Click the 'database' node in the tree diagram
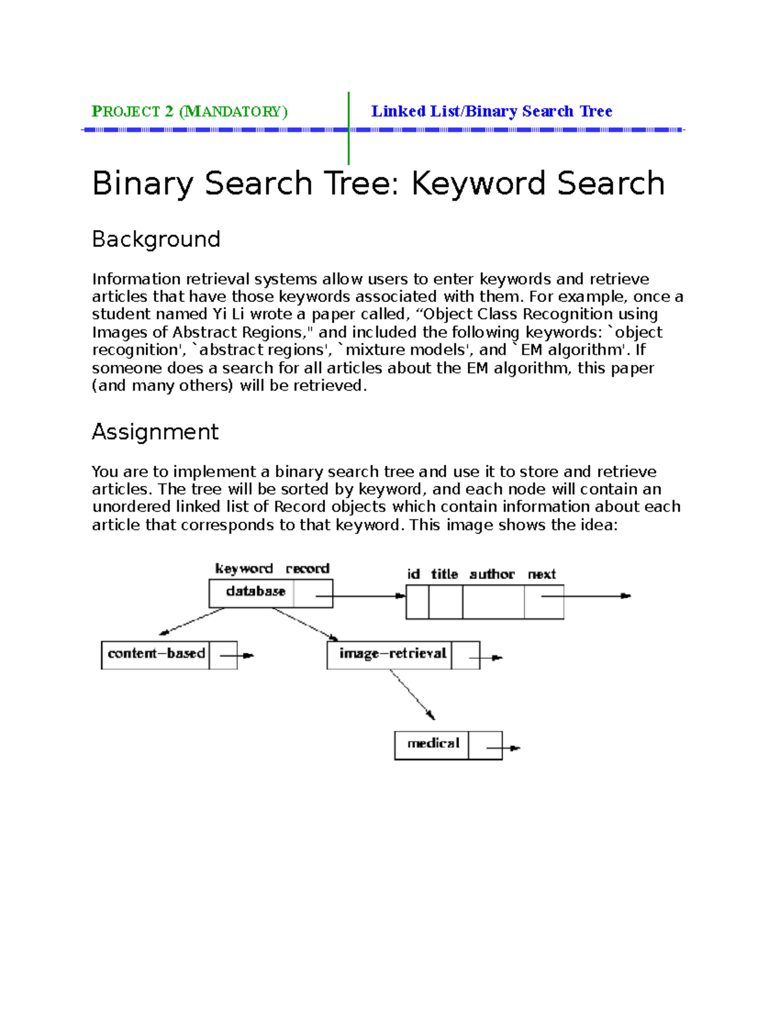click(x=255, y=592)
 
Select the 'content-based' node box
click(x=156, y=654)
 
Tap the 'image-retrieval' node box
click(x=392, y=654)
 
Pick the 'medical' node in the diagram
click(x=433, y=744)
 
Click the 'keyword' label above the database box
click(x=244, y=569)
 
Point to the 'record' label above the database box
click(x=307, y=569)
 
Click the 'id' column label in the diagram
click(x=413, y=574)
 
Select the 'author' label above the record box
click(x=491, y=574)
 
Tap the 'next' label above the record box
click(x=541, y=574)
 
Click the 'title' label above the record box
click(x=445, y=574)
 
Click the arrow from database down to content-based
click(x=192, y=621)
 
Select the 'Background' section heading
click(x=156, y=239)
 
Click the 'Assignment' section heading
click(x=155, y=432)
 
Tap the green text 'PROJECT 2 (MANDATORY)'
click(x=189, y=112)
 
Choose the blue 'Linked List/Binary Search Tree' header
click(x=491, y=112)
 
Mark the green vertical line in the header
click(x=349, y=128)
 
